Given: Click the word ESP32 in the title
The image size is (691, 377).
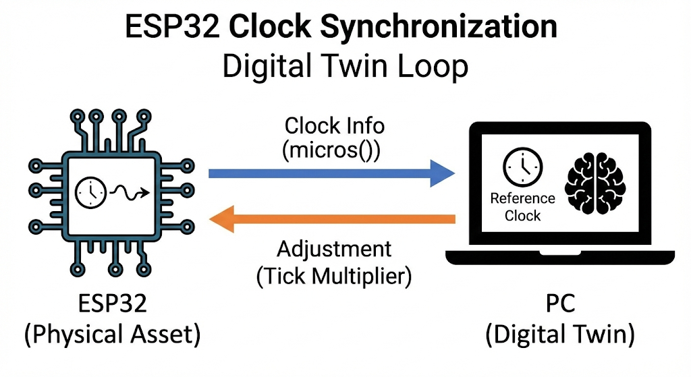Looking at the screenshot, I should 173,28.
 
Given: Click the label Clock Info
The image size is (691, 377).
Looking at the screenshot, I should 334,126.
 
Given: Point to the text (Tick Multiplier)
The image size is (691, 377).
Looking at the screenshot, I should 334,276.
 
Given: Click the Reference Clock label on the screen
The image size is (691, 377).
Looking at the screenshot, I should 523,207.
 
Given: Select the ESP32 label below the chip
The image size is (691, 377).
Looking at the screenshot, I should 113,304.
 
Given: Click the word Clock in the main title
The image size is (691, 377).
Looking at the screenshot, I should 269,28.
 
